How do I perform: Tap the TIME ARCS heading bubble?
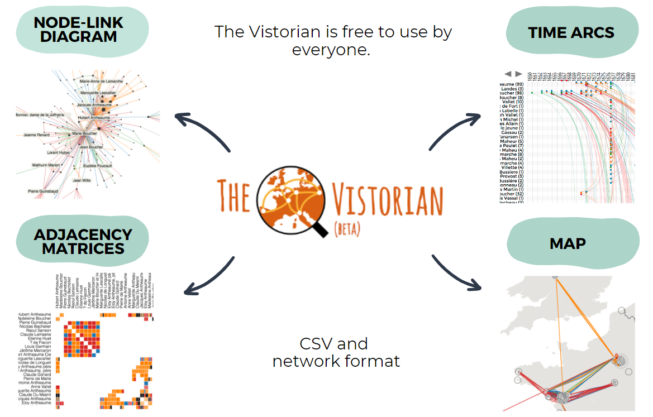[571, 32]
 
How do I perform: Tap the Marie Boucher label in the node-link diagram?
[84, 133]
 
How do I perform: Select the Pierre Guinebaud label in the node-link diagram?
[44, 191]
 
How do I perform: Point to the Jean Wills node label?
[82, 180]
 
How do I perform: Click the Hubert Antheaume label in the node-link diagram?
[93, 118]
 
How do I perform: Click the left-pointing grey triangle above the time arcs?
[508, 74]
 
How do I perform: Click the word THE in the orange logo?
[235, 195]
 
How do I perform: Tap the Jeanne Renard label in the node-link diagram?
[36, 135]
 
